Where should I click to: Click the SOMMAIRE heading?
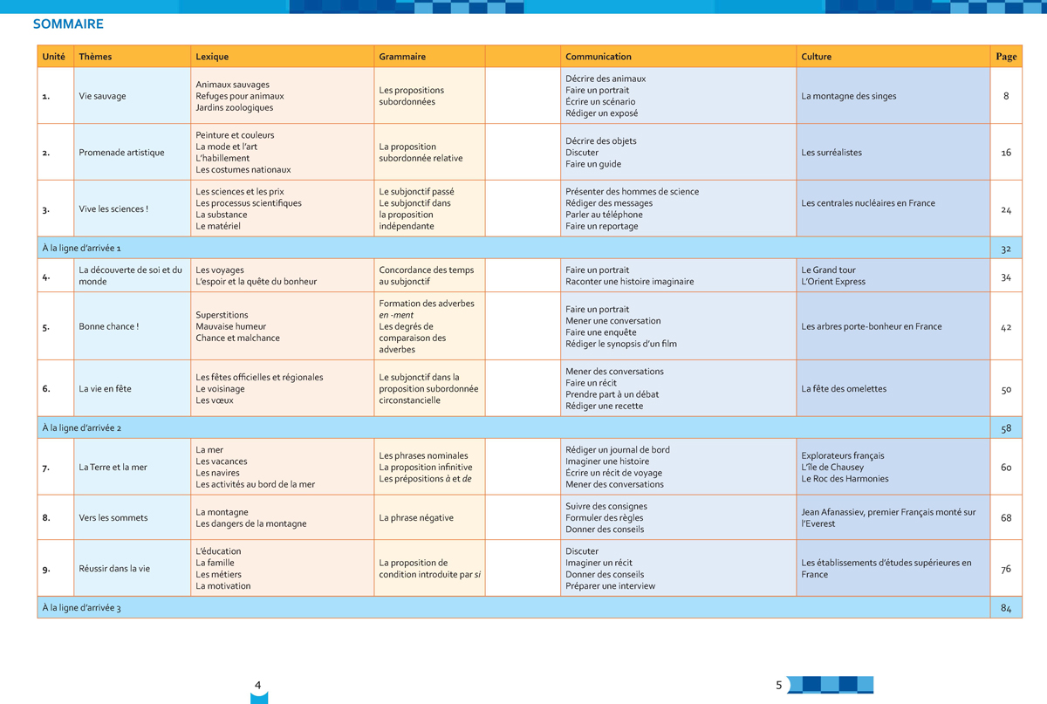[x=68, y=24]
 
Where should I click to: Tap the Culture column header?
[x=816, y=57]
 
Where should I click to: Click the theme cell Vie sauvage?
[x=102, y=96]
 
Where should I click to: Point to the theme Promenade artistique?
[x=121, y=153]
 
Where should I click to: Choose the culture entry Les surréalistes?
[x=831, y=153]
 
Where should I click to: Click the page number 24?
[x=1006, y=209]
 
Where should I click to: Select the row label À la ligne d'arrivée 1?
[x=82, y=249]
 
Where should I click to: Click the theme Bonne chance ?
[x=108, y=326]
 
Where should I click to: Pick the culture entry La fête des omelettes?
[x=843, y=389]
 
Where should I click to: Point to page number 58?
[x=1006, y=428]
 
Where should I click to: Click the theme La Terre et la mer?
[x=113, y=468]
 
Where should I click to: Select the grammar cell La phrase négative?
[x=416, y=518]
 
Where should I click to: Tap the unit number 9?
[x=46, y=569]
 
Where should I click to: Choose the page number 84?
[x=1006, y=608]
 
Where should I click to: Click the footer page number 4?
[x=257, y=686]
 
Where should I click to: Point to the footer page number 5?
[x=779, y=686]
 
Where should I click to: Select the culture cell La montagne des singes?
[x=848, y=96]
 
